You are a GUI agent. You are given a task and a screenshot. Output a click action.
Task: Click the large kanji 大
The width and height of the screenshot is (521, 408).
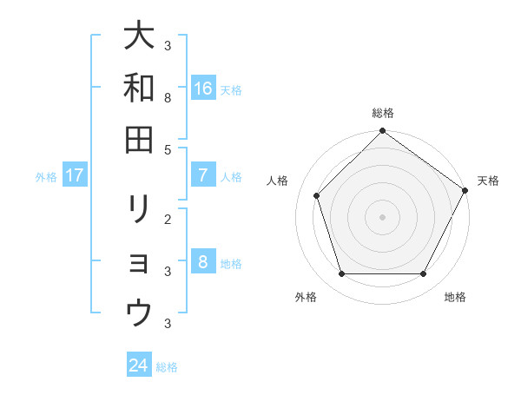point(139,36)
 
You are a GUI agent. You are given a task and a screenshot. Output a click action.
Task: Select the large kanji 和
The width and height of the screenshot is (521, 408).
point(139,87)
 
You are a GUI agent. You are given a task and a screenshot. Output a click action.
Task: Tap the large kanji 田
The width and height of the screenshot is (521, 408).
point(139,138)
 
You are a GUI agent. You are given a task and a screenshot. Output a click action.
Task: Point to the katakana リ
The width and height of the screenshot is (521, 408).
point(139,208)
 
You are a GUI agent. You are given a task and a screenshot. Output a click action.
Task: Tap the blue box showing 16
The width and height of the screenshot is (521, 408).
point(203,89)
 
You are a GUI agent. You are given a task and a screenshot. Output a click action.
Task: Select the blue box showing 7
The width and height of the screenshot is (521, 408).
point(203,175)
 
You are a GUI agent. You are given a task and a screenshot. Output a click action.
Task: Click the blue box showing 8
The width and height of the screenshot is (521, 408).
point(203,262)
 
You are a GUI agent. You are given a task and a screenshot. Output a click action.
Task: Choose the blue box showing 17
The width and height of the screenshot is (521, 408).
point(75,175)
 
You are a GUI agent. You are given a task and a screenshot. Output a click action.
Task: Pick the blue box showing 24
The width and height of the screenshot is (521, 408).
point(139,365)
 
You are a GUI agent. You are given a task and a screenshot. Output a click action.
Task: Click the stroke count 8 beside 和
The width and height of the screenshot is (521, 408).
point(168,98)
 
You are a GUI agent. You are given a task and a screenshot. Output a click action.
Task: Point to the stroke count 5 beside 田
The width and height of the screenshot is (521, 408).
point(168,149)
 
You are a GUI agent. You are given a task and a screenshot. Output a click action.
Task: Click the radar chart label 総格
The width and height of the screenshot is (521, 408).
point(382,114)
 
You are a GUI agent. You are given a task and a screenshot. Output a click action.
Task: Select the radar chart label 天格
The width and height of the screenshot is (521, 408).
point(488,181)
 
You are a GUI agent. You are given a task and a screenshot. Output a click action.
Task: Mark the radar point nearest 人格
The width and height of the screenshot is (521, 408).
point(316,195)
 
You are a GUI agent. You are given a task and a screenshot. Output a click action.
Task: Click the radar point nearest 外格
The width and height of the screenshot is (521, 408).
point(341,274)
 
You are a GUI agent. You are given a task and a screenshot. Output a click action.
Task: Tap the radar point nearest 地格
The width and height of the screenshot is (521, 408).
point(423,274)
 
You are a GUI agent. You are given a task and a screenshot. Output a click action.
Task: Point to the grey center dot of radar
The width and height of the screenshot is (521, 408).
point(382,217)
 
